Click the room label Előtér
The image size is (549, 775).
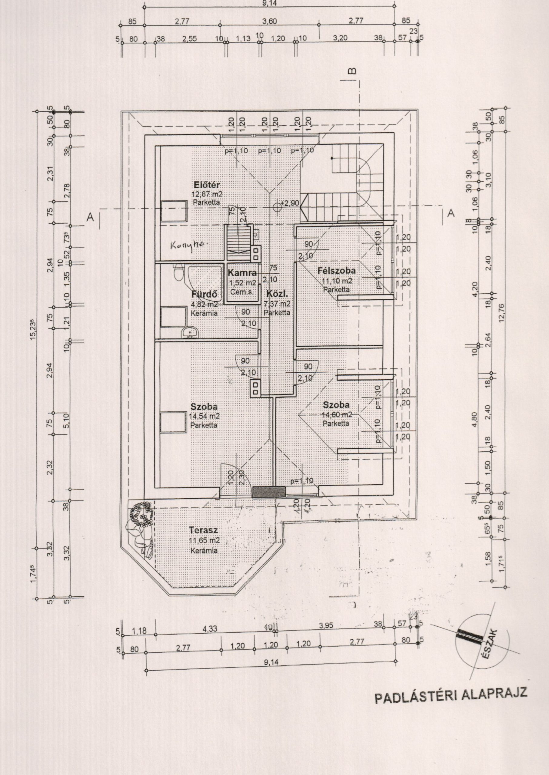(x=207, y=185)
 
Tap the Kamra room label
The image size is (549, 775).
(x=242, y=273)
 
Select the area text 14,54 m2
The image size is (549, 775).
(x=206, y=416)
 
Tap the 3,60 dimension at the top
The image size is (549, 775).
(x=269, y=21)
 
